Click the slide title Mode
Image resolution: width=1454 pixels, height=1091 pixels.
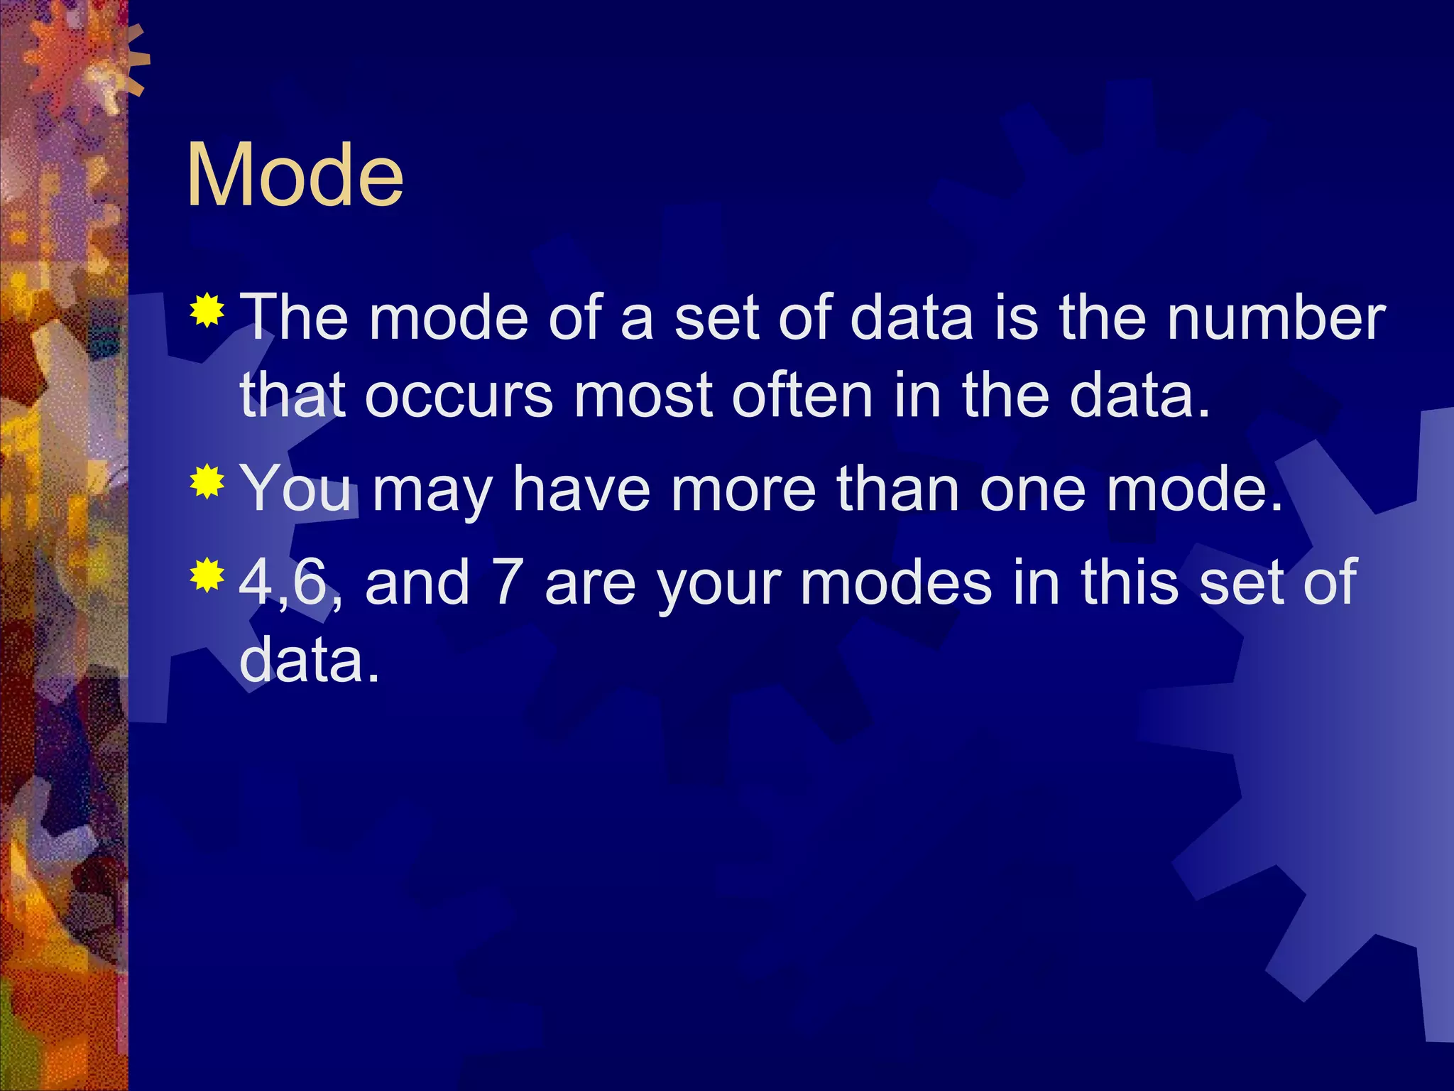tap(295, 174)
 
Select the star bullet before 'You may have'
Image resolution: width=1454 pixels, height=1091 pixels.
tap(207, 482)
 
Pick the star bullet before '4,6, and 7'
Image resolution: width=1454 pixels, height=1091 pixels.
tap(207, 575)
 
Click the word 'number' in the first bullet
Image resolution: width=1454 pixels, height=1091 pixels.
tap(1276, 317)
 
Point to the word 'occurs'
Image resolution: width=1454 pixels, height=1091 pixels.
tap(459, 396)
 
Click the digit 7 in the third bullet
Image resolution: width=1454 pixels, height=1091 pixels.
tap(508, 582)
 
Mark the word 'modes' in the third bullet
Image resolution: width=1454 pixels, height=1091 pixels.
tap(895, 582)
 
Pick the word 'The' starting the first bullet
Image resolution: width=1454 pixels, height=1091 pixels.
tap(295, 317)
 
